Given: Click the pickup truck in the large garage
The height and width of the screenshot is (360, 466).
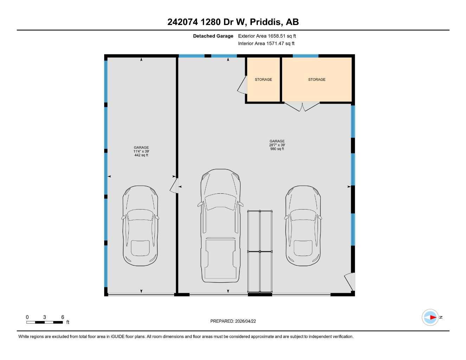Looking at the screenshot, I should coord(221,225).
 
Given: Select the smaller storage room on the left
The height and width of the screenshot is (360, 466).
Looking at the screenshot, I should coord(263,80).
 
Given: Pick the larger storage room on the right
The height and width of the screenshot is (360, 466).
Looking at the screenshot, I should coord(317,80).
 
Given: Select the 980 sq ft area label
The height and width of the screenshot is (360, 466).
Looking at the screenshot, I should coord(277,149).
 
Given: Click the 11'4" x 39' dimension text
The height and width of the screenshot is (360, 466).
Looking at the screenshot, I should coord(141,152).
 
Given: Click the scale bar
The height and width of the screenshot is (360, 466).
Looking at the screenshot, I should coord(45,322).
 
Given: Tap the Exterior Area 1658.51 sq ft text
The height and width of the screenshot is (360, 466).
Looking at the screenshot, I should coord(267,36).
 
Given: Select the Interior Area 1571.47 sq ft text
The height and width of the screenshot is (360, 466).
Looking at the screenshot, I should coord(266,44).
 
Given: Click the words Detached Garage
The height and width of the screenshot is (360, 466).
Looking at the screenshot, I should coord(213,36).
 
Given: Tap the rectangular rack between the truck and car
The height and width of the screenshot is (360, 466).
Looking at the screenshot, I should coord(260,251).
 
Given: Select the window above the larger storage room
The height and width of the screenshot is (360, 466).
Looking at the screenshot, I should coord(305,56).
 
